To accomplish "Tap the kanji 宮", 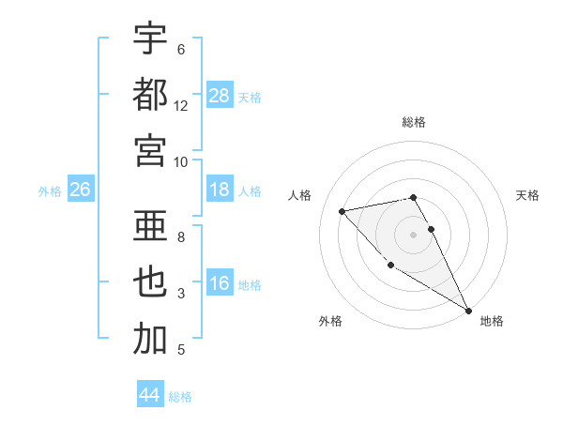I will pos(150,150).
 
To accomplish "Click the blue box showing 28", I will pos(220,96).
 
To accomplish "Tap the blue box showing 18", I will pos(220,190).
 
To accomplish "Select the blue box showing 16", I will pos(220,284).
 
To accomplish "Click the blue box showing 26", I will pos(81,190).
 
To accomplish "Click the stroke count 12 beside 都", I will pos(181,106).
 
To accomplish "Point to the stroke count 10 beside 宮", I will pos(181,161).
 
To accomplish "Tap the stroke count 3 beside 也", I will pos(181,294).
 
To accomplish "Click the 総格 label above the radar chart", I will pos(414,122).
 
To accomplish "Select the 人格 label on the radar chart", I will pos(301,195).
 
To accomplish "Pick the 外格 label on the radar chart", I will pos(329,321).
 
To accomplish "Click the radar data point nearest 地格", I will pos(469,311).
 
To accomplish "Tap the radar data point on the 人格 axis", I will pos(342,211).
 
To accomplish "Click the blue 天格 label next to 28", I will pos(251,97).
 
